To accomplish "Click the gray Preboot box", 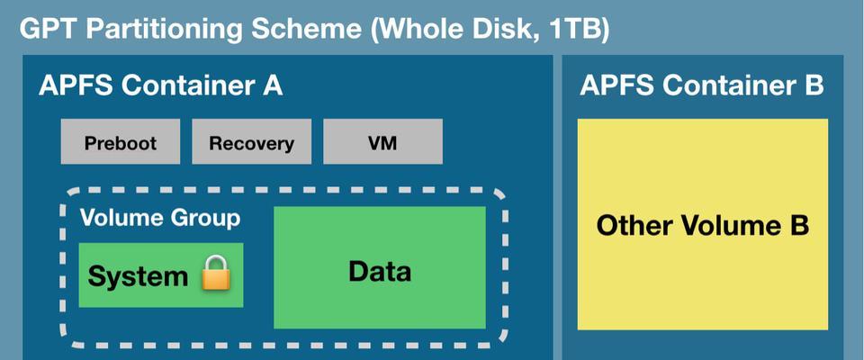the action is coord(120,141).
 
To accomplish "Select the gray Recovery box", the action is coord(251,141).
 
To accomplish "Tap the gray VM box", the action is coord(382,141).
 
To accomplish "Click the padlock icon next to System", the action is coord(215,273).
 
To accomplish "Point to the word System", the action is coord(138,276).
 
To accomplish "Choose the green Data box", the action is coord(380,267).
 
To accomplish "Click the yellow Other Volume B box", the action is coord(703,224).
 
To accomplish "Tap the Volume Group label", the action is coord(160,218).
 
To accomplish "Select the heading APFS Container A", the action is coord(160,86).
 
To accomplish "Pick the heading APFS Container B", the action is coord(701,85).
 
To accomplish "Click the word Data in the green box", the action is coord(380,271).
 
